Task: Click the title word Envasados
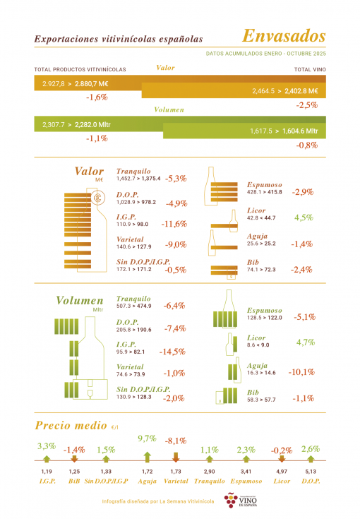coord(284,36)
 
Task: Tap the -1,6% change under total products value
coord(97,97)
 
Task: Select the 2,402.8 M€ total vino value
coord(301,91)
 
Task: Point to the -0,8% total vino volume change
coord(307,145)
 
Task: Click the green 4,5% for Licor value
coord(304,217)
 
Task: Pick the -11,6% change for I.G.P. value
coord(174,224)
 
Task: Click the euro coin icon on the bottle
coord(97,198)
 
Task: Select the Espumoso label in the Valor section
coord(265,185)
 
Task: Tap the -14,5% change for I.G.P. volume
coord(172,352)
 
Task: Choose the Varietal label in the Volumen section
coord(130,366)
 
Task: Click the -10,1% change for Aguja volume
coord(301,372)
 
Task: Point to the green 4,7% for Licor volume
coord(306,342)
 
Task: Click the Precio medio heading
coord(71,425)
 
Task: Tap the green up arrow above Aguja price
coord(148,457)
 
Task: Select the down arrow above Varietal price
coord(176,457)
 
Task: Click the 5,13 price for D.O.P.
coord(311,472)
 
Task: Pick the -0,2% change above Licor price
coord(282,451)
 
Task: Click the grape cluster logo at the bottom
coord(231,500)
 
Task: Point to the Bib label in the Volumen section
coord(253,392)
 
